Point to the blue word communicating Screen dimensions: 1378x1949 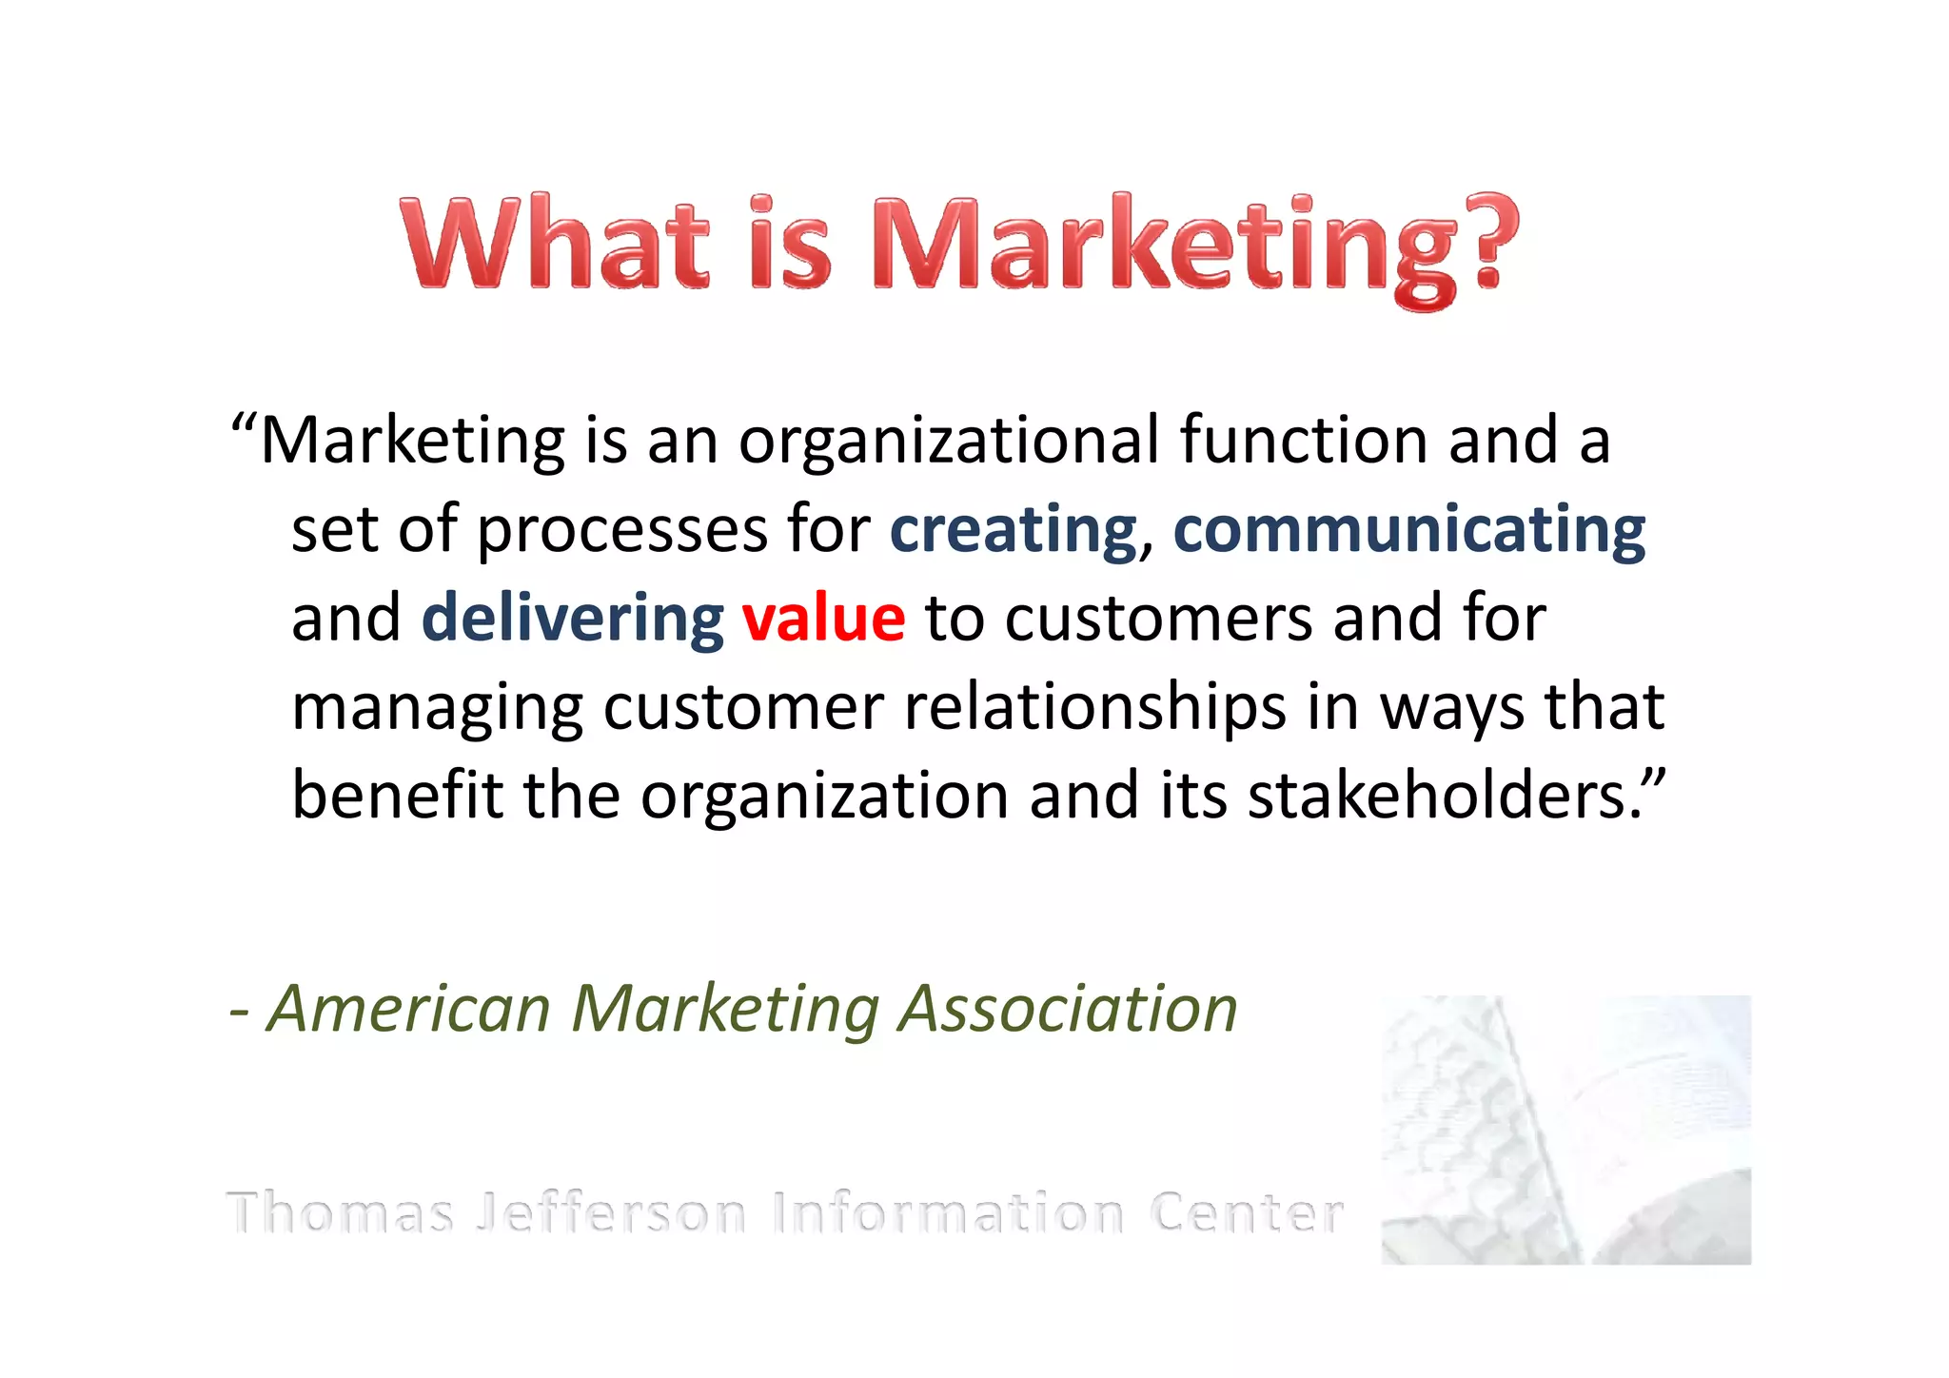1408,530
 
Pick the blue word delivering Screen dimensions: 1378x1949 573,619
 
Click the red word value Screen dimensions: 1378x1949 823,619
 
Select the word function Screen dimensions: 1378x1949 1304,442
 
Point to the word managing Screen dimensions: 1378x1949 437,710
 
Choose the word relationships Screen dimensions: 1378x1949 1094,710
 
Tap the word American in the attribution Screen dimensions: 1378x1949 410,1009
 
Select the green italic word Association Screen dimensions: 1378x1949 1068,1009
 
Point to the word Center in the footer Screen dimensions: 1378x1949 1246,1213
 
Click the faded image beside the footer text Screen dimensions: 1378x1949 1565,1130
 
